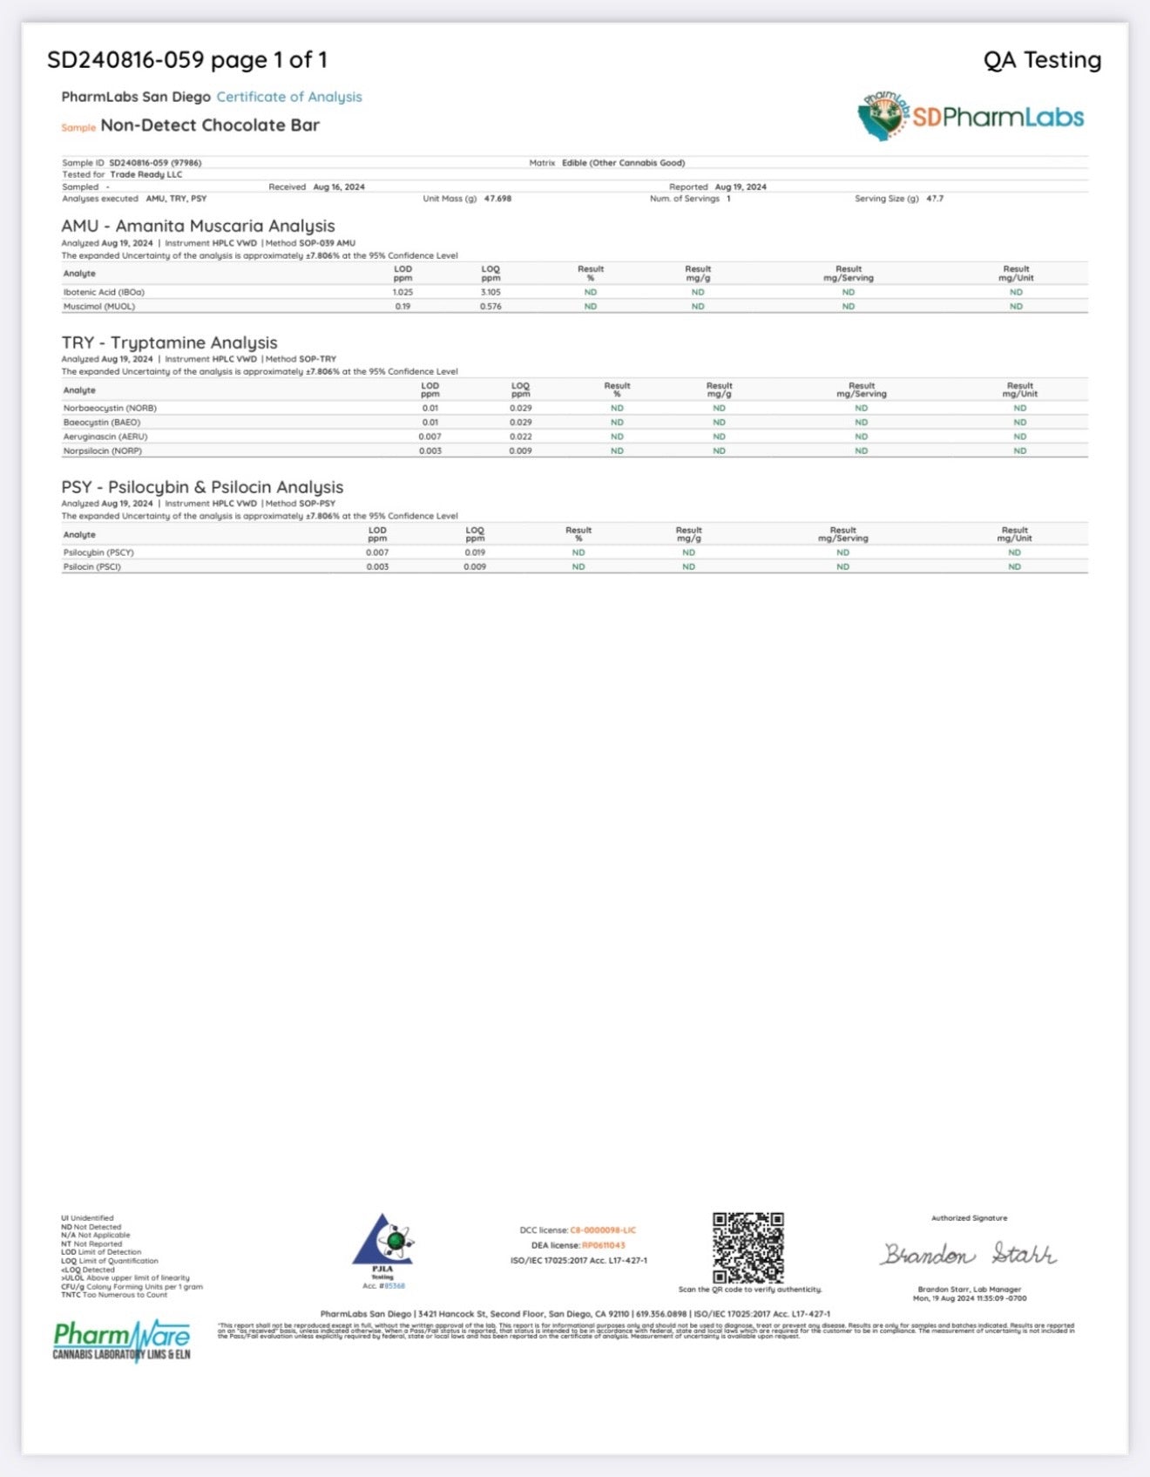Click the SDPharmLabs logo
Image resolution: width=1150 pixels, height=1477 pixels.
[x=971, y=117]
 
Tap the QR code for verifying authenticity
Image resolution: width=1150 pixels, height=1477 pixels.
[x=747, y=1247]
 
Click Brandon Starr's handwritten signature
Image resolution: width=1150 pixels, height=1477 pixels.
[x=968, y=1254]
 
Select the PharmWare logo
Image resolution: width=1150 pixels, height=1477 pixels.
[x=121, y=1340]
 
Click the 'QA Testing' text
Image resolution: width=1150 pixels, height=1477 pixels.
[x=1042, y=60]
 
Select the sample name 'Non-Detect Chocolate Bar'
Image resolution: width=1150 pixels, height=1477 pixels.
[x=210, y=125]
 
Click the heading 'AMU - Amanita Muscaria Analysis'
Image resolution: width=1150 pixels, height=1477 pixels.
[x=198, y=226]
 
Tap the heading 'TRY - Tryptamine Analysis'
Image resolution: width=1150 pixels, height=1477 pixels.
[x=169, y=342]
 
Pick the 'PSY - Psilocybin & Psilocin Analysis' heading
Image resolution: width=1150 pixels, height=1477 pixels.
[x=202, y=487]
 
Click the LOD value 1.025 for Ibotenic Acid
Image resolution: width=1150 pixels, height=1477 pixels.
[x=402, y=293]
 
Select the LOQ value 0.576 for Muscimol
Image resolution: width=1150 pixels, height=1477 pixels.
[x=490, y=307]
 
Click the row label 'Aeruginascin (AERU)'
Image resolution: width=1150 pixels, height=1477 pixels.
[x=105, y=437]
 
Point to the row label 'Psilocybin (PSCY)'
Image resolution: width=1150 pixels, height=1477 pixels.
[x=98, y=552]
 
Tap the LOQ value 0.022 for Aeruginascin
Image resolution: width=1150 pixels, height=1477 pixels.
[x=520, y=437]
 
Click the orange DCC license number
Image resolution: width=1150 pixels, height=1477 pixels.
[x=603, y=1230]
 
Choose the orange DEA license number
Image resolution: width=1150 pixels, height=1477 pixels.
[x=603, y=1245]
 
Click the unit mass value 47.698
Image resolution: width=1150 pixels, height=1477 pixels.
[x=497, y=199]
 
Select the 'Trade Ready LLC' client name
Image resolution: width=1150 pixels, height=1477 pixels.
[x=145, y=174]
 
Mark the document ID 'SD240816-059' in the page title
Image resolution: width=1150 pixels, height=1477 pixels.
[x=125, y=60]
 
